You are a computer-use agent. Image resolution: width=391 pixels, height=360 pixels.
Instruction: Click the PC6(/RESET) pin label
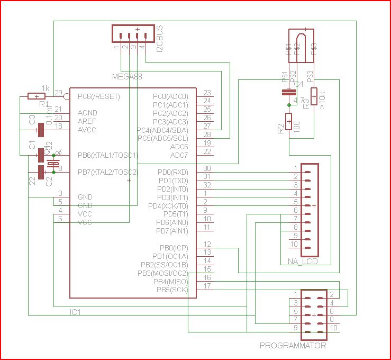coord(99,97)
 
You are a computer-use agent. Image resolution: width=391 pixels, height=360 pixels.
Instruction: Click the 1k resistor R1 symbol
coord(37,96)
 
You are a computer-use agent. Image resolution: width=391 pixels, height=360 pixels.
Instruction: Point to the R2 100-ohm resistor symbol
coord(289,121)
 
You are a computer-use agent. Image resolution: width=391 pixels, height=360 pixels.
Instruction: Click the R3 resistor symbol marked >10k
coord(314,96)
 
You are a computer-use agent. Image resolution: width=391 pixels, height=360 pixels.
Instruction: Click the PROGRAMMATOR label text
coord(293,346)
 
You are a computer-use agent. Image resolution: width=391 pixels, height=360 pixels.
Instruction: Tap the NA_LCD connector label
coord(303,262)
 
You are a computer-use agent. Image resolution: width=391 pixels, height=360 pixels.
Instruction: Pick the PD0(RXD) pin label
coord(172,172)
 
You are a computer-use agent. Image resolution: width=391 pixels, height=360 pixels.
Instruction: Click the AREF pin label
coord(87,121)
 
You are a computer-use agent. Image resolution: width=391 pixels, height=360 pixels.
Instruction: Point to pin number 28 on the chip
coord(207,135)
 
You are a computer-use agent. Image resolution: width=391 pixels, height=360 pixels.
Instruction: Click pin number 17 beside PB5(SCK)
coord(207,286)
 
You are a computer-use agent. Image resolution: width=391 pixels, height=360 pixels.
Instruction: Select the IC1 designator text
coord(76,312)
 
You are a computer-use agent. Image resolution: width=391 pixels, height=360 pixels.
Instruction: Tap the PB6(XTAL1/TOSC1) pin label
coord(108,156)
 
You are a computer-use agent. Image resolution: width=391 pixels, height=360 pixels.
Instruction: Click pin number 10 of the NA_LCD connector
coord(294,244)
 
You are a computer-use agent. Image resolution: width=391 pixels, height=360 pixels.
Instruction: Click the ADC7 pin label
coord(179,155)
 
